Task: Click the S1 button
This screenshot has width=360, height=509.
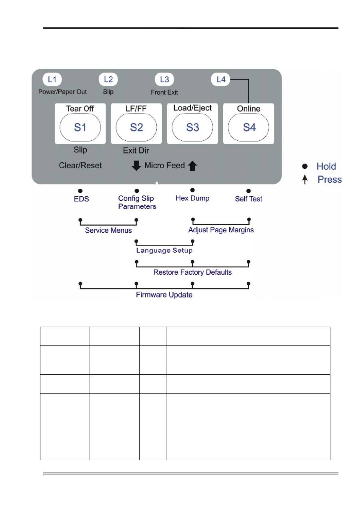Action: [x=80, y=127]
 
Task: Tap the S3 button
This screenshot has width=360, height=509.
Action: [x=192, y=127]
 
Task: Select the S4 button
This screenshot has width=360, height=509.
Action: [x=249, y=127]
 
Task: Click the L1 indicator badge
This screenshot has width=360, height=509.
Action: [x=52, y=80]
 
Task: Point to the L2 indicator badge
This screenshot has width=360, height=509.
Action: [x=108, y=80]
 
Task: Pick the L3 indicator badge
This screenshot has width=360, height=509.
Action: [x=164, y=80]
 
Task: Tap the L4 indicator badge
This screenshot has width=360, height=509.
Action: [x=220, y=80]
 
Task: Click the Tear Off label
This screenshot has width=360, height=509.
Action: [x=80, y=109]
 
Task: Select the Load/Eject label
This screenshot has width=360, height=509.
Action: [x=192, y=108]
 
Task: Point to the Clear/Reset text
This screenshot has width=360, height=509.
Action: [x=80, y=165]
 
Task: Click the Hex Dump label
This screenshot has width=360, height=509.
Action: [x=192, y=198]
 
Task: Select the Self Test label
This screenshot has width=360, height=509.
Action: [x=248, y=199]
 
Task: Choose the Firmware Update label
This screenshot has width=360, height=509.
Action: [x=164, y=295]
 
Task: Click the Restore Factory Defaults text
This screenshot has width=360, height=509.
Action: [x=192, y=273]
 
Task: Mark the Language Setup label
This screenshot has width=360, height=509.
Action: [x=164, y=251]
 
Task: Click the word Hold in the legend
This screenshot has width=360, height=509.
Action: [x=326, y=166]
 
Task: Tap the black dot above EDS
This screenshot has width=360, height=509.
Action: [x=80, y=191]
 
